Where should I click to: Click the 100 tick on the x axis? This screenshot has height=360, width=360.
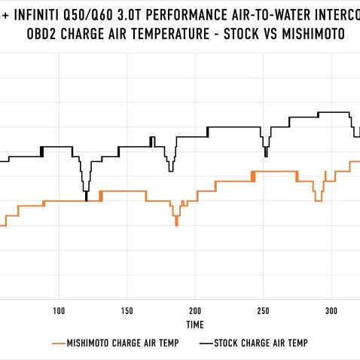coord(59,310)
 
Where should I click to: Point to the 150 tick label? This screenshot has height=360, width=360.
coord(127,310)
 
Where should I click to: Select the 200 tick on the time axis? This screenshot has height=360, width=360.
coord(195,310)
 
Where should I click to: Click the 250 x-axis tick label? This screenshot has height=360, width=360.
coord(264,310)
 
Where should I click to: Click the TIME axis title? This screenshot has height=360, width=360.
coord(195,325)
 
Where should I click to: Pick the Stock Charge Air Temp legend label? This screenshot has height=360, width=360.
coord(261,343)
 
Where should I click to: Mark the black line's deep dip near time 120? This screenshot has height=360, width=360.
coord(87,197)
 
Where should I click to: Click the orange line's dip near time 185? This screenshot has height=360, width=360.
coord(176,224)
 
